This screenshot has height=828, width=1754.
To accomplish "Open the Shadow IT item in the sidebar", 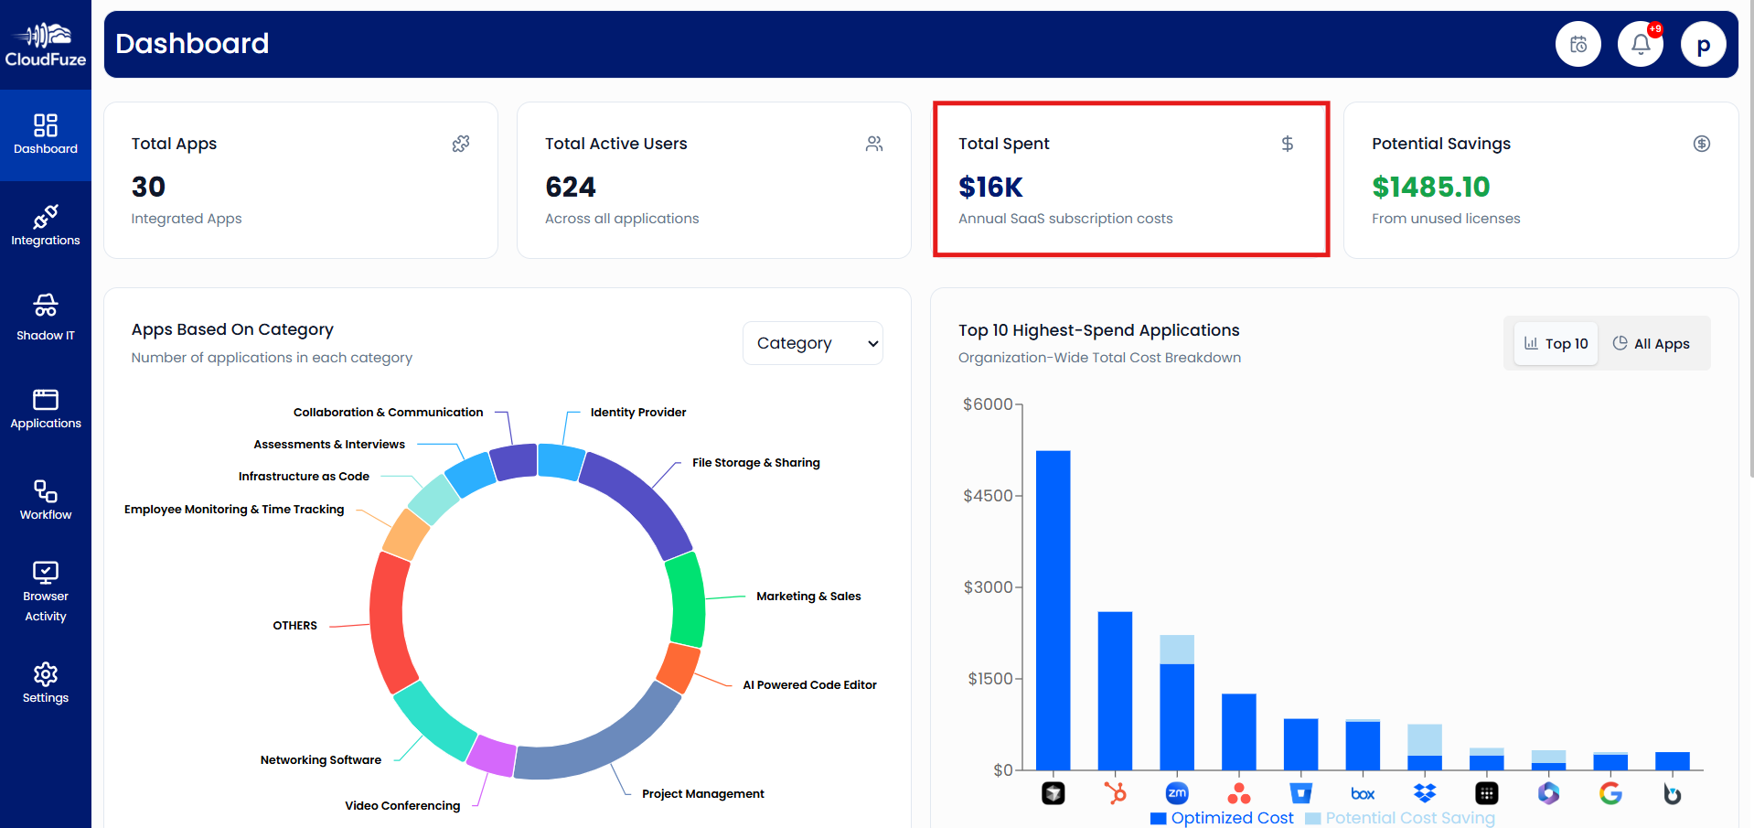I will [x=45, y=317].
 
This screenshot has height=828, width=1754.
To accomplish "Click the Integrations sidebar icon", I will [x=45, y=225].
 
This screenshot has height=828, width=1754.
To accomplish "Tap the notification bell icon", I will [x=1640, y=44].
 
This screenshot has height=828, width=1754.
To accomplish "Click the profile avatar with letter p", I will [x=1703, y=45].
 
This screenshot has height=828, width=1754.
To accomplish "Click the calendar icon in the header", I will [x=1578, y=44].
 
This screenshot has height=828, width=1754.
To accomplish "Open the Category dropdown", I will [x=812, y=343].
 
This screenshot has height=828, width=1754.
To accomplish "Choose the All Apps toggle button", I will [x=1651, y=343].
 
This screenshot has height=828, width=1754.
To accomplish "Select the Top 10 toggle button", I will [x=1556, y=343].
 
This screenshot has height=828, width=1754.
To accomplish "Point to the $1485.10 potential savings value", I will [x=1430, y=187].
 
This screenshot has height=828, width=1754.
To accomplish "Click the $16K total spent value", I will [x=990, y=187].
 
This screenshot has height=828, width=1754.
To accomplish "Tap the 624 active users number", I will [x=570, y=187].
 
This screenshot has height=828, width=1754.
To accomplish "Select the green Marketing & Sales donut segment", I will [x=686, y=599].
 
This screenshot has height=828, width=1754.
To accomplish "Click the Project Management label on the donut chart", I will [x=702, y=793].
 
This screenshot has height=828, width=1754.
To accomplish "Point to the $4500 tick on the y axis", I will [x=988, y=496].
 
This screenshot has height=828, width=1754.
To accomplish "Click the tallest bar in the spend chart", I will [x=1053, y=608].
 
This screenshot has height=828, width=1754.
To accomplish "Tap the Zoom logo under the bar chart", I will [x=1177, y=793].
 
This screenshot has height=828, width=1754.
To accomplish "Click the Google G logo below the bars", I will [x=1610, y=793].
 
